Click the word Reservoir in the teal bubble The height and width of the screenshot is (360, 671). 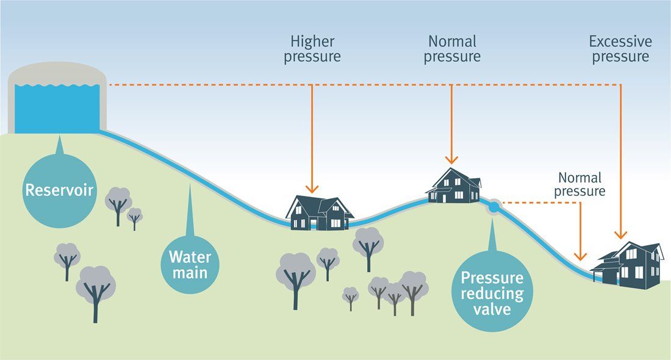pos(59,190)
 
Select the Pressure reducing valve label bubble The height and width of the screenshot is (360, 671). pos(492,294)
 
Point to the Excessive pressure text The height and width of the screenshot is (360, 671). pos(620,49)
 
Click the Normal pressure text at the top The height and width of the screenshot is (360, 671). pos(452,49)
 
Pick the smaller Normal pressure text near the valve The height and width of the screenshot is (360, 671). pos(579,184)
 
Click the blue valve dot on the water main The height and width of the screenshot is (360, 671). pos(493,207)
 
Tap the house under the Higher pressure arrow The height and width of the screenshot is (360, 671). pos(319,213)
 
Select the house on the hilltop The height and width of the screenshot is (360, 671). pos(453,185)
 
